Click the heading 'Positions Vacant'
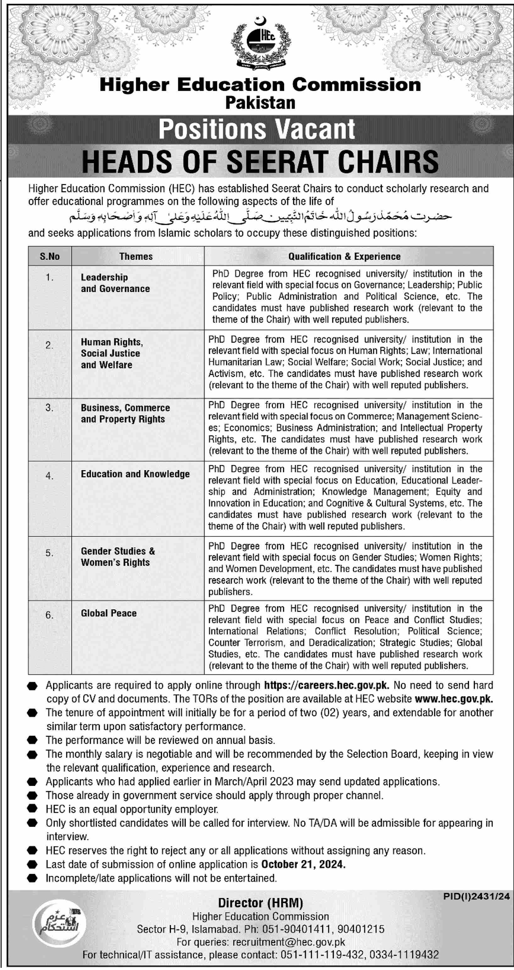(257, 129)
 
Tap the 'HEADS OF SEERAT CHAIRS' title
(260, 162)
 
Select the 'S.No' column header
(50, 256)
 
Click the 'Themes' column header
(136, 256)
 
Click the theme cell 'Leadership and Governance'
(115, 283)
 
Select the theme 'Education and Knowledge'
(135, 474)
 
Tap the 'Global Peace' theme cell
(108, 613)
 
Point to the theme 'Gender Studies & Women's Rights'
(118, 557)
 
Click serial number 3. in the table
(49, 408)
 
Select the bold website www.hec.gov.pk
(454, 699)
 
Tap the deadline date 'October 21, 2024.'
(303, 864)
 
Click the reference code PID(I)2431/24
(476, 896)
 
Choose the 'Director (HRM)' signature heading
(260, 903)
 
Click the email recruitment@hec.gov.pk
(289, 942)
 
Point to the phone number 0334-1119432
(404, 955)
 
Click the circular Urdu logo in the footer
(59, 923)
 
